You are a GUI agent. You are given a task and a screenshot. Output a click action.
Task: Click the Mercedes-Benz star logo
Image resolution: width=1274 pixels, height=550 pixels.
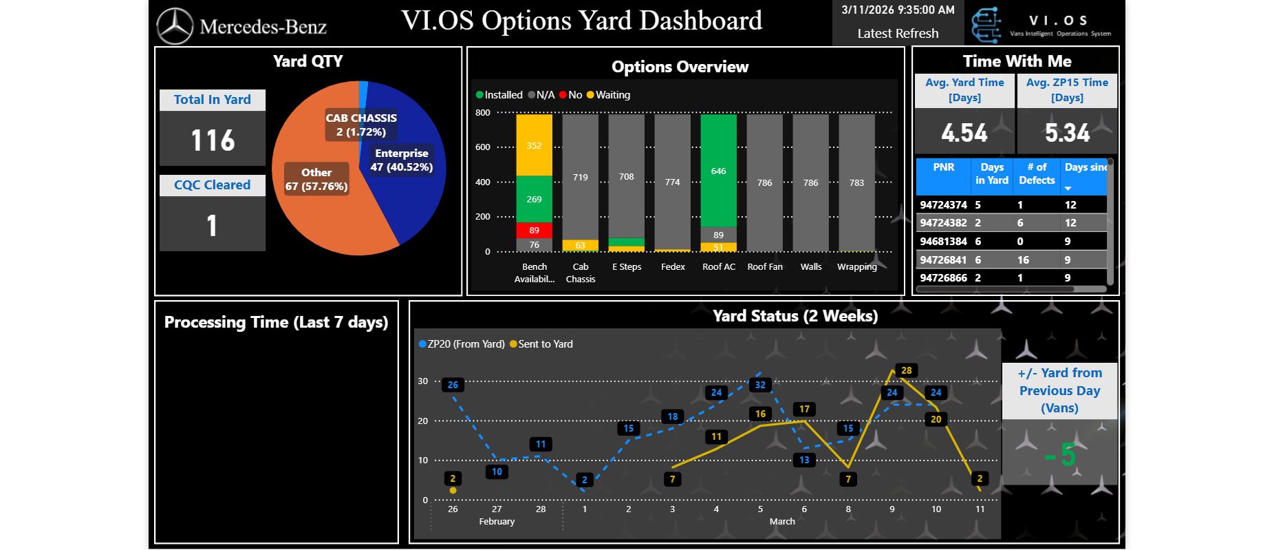pyautogui.click(x=175, y=26)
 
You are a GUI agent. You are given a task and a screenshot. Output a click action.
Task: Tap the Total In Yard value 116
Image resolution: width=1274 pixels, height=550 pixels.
pyautogui.click(x=213, y=140)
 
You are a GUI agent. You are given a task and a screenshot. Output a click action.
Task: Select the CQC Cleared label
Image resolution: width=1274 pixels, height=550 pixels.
pyautogui.click(x=212, y=185)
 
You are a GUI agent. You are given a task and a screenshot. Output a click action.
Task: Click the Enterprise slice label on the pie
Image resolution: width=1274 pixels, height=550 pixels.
pyautogui.click(x=402, y=160)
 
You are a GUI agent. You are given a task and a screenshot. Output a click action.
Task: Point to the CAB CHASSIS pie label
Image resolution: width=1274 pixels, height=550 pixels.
pyautogui.click(x=361, y=125)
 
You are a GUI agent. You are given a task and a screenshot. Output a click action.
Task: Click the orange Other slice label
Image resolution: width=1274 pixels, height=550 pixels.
pyautogui.click(x=316, y=179)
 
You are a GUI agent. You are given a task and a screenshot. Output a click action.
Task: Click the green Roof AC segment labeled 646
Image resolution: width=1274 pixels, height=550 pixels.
pyautogui.click(x=718, y=171)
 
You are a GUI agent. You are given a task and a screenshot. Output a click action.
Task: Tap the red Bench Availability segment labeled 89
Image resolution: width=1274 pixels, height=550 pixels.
pyautogui.click(x=534, y=230)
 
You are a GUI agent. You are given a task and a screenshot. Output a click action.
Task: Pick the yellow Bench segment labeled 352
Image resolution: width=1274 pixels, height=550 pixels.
pyautogui.click(x=534, y=145)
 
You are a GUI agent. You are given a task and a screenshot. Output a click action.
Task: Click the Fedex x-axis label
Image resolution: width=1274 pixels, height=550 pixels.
pyautogui.click(x=673, y=267)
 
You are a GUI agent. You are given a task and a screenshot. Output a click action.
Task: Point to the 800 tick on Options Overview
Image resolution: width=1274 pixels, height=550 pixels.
pyautogui.click(x=483, y=113)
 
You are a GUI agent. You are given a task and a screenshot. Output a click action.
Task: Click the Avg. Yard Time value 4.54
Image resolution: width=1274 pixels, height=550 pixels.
pyautogui.click(x=964, y=133)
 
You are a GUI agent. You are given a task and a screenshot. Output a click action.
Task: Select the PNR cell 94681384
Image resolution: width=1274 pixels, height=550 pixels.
pyautogui.click(x=943, y=242)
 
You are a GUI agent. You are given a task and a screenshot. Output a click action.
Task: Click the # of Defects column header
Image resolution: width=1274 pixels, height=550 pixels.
pyautogui.click(x=1037, y=173)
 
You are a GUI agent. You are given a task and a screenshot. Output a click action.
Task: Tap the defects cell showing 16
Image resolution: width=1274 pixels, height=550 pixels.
pyautogui.click(x=1023, y=260)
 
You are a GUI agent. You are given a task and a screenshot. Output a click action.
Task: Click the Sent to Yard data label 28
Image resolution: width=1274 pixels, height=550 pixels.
pyautogui.click(x=907, y=370)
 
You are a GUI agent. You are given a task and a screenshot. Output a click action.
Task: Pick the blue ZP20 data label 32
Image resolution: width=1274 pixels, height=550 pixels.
pyautogui.click(x=760, y=385)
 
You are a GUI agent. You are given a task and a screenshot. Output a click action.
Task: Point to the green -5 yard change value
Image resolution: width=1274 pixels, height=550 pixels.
pyautogui.click(x=1060, y=454)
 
